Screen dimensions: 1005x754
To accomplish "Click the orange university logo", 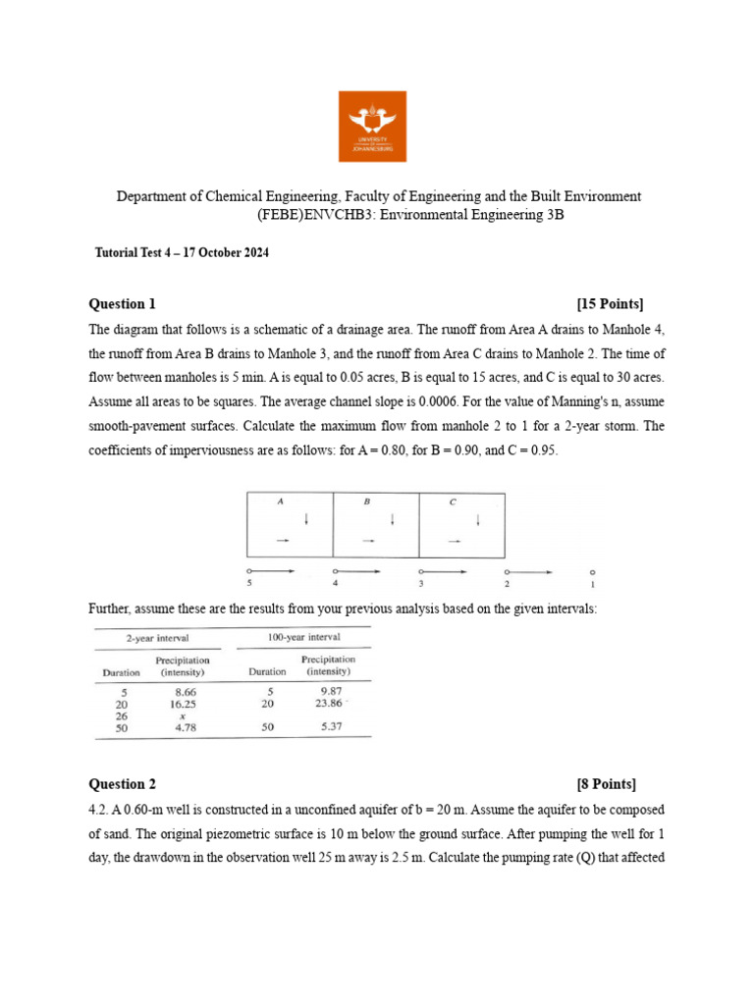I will (372, 126).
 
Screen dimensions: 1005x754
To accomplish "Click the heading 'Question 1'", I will (123, 303).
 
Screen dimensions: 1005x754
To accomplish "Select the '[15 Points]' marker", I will (611, 303).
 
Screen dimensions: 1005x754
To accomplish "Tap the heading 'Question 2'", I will (123, 783).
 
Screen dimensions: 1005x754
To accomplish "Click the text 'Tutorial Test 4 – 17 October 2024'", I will (182, 253).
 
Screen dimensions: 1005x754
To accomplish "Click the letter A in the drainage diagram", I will (280, 502).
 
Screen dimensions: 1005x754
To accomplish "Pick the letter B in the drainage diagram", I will (366, 502).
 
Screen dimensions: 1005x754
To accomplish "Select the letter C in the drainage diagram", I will (452, 502).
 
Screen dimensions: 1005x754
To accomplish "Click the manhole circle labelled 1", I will (592, 571).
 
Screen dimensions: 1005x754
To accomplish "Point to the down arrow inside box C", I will (478, 519).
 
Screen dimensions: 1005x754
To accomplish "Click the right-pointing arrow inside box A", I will (282, 541).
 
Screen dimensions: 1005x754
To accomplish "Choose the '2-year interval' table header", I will (156, 638).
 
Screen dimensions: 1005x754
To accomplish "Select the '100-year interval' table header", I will (304, 638).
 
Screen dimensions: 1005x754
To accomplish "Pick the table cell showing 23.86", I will (328, 703).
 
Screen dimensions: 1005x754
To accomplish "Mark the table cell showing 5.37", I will (328, 727).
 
